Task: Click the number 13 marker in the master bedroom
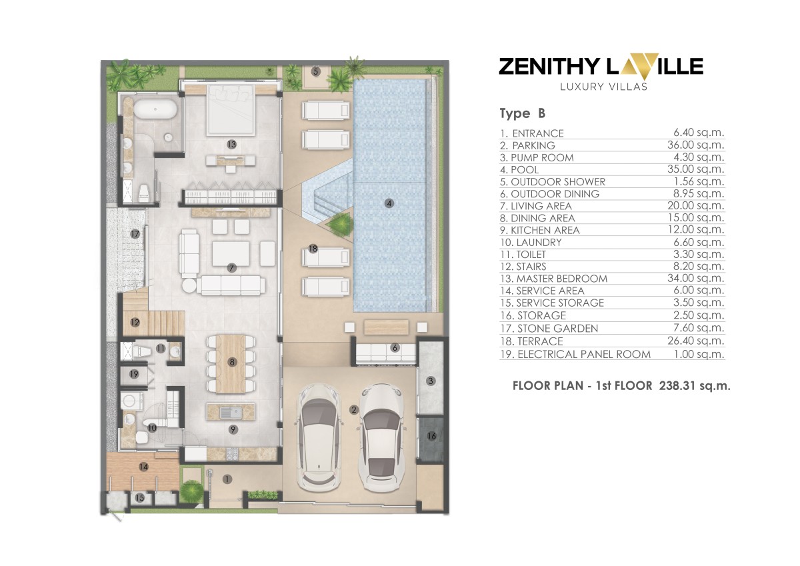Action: coord(231,143)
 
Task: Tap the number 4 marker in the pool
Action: coord(389,203)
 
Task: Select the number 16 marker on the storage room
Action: coord(431,436)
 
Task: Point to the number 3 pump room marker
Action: coord(431,381)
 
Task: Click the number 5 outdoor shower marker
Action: coord(315,71)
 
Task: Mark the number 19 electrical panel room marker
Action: coord(134,374)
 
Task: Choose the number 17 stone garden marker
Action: coord(135,234)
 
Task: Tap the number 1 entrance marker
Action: coord(227,479)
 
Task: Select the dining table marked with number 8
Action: coord(231,363)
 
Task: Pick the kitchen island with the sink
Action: coord(232,412)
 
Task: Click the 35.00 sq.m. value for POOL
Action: coord(697,169)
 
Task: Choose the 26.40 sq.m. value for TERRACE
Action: coord(697,341)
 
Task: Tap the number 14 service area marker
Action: coord(143,467)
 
